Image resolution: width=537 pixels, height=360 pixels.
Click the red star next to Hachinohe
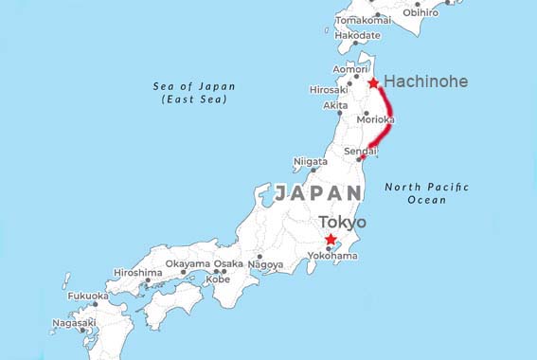coord(373,83)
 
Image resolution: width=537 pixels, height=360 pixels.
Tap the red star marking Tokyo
coord(330,239)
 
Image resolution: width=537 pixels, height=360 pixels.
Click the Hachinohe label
coord(425,82)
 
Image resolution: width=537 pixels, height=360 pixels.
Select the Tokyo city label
coord(342,223)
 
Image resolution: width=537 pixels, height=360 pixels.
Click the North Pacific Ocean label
coord(426,193)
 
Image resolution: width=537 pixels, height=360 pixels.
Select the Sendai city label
coord(361,151)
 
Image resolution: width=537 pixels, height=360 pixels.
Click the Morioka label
coord(375,120)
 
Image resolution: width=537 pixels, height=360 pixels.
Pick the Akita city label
coord(335,105)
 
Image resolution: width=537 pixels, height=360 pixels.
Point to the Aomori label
coord(349,69)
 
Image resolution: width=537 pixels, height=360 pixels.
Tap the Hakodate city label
coord(358,35)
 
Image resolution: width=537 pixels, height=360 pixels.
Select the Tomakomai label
coord(363,19)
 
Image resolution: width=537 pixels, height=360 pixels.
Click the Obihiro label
coord(421,12)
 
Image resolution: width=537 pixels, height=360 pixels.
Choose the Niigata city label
coord(311,161)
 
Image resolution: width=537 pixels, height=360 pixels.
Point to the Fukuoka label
coord(87,296)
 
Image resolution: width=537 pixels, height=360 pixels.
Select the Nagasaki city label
coord(73,322)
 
